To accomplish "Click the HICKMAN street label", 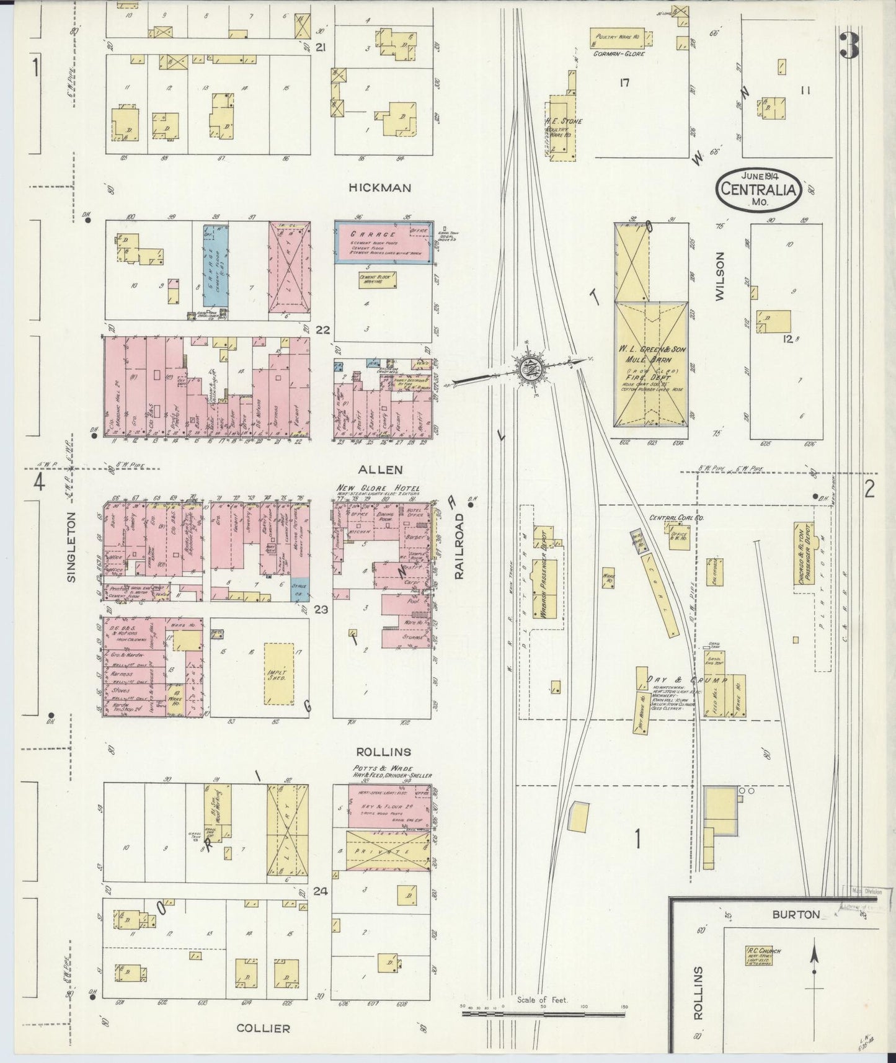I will click(x=379, y=187).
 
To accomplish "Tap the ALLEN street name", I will click(x=384, y=470).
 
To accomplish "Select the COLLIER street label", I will click(x=263, y=1028).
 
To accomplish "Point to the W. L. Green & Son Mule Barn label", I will click(x=651, y=354).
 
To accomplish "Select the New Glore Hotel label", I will click(x=378, y=489).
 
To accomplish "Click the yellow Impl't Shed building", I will click(x=280, y=673).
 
